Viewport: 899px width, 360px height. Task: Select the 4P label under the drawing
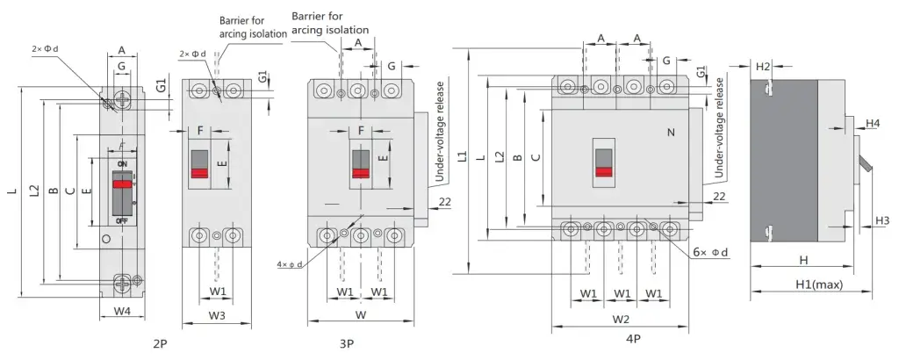point(632,338)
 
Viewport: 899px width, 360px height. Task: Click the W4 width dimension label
point(122,311)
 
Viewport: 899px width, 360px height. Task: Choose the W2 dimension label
point(621,319)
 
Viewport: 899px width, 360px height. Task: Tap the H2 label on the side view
point(762,67)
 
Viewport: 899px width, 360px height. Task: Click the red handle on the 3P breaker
point(361,173)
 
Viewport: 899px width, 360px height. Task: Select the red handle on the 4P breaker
point(604,171)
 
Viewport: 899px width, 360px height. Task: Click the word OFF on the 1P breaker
point(122,220)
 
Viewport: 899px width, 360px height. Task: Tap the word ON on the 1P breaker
point(122,164)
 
